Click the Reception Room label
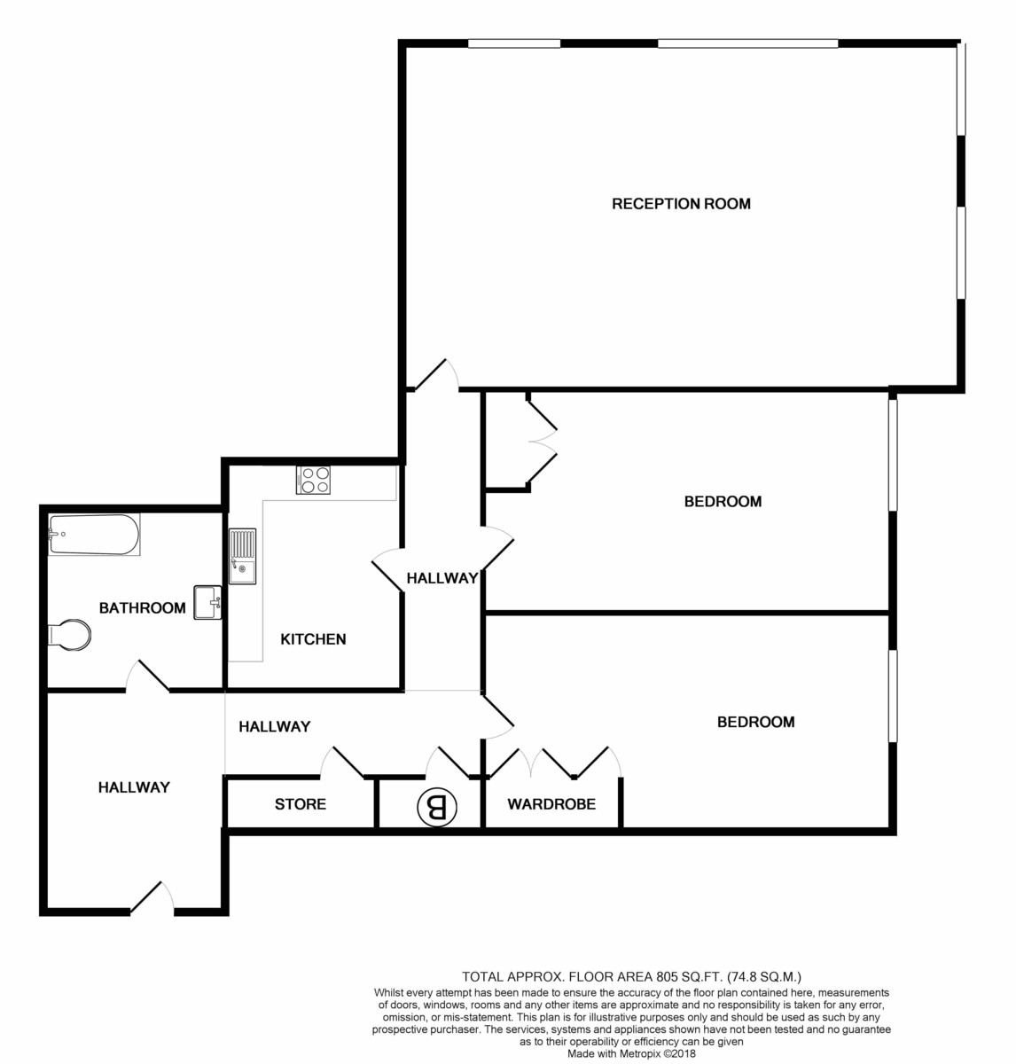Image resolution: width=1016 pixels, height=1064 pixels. click(x=681, y=204)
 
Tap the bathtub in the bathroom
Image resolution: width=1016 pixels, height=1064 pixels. click(x=93, y=535)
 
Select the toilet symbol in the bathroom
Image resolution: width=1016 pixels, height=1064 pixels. click(x=68, y=635)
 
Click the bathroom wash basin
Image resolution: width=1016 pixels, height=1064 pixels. click(x=207, y=602)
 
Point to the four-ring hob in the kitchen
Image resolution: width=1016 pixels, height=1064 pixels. click(x=313, y=480)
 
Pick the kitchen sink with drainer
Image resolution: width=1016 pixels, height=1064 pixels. click(x=242, y=557)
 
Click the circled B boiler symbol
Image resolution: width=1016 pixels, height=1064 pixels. click(x=436, y=806)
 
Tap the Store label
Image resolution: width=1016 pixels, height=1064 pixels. click(x=300, y=804)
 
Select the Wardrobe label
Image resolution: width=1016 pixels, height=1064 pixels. click(x=551, y=804)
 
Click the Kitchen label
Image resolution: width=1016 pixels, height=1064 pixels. click(x=313, y=638)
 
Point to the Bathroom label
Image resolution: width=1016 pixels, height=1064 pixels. click(x=142, y=608)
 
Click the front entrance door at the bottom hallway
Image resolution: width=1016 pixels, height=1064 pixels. click(x=152, y=897)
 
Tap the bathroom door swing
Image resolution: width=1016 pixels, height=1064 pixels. click(x=147, y=676)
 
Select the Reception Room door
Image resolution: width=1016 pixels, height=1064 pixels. click(x=435, y=375)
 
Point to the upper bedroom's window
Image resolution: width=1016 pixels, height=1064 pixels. click(x=893, y=454)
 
